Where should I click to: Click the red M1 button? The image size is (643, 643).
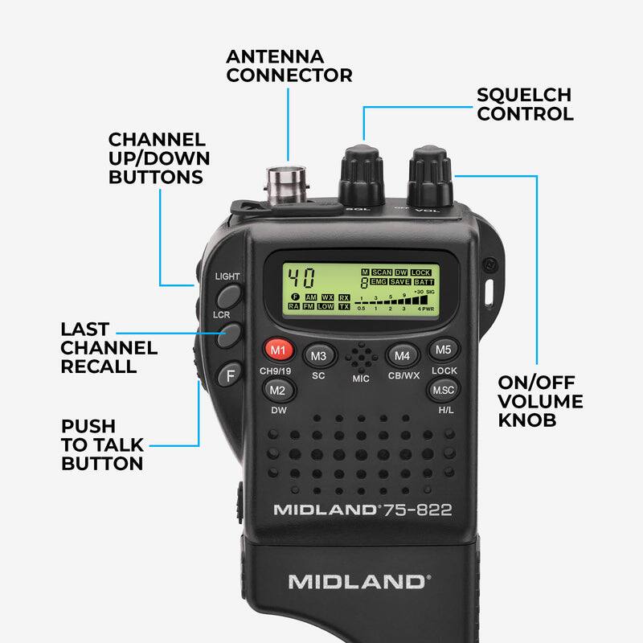tap(278, 350)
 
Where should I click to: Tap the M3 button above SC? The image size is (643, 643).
tap(318, 354)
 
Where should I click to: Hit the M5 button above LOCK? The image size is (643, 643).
tap(444, 350)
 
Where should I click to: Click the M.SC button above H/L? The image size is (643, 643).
tap(443, 390)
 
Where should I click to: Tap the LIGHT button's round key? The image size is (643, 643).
tap(228, 296)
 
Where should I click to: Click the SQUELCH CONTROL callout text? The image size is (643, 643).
tap(525, 104)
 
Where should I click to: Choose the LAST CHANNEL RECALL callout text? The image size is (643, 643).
tap(109, 348)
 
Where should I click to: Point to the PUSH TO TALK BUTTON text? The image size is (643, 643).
tap(103, 444)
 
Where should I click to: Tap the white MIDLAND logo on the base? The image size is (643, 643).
tap(358, 582)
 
